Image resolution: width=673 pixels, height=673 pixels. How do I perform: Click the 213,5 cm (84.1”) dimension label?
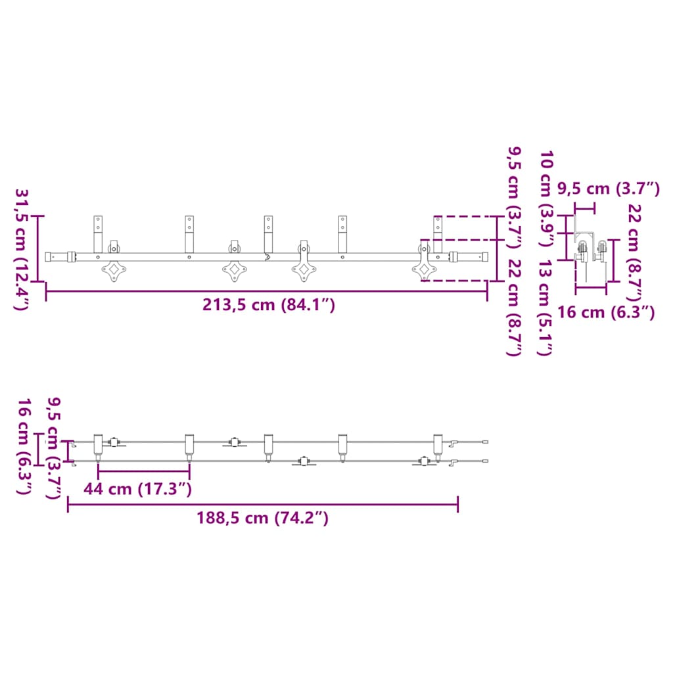[269, 305]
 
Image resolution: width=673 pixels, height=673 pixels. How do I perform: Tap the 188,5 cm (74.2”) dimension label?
[263, 518]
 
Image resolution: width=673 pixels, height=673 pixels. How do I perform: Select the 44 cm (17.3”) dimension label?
[138, 488]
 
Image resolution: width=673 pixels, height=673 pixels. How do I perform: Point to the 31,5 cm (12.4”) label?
[22, 249]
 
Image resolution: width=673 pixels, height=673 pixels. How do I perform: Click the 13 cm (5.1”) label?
[544, 308]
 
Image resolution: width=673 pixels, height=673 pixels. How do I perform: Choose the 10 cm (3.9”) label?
[546, 198]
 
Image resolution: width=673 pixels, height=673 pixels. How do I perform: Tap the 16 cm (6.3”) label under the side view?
[606, 312]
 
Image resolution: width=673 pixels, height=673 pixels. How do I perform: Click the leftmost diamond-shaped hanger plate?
[114, 270]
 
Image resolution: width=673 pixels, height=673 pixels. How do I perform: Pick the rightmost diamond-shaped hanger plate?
[424, 270]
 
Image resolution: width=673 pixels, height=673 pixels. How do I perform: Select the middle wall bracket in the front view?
[268, 235]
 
